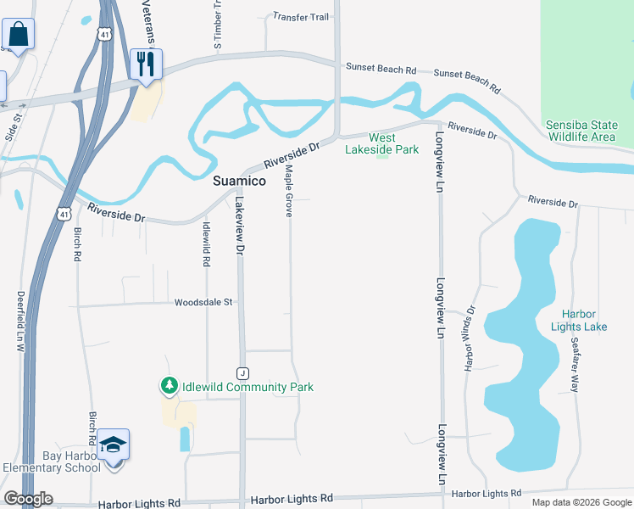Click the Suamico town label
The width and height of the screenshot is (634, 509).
click(x=238, y=182)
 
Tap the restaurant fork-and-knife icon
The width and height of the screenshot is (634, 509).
click(x=146, y=63)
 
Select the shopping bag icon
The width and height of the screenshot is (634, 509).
click(x=18, y=36)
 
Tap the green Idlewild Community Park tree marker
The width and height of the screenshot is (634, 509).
click(x=169, y=387)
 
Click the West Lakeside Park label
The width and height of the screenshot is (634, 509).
click(x=381, y=143)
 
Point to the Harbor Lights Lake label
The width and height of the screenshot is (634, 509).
click(x=579, y=321)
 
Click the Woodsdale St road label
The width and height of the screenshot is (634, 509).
click(x=203, y=302)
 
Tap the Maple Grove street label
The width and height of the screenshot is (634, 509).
click(x=289, y=192)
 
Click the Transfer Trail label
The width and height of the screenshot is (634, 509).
click(x=300, y=16)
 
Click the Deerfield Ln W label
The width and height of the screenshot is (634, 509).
click(x=21, y=322)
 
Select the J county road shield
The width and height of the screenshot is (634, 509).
click(x=242, y=373)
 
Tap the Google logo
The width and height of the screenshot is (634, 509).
click(x=28, y=499)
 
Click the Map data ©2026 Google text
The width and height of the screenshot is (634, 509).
click(x=581, y=502)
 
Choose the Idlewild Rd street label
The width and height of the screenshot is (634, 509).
click(x=206, y=245)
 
